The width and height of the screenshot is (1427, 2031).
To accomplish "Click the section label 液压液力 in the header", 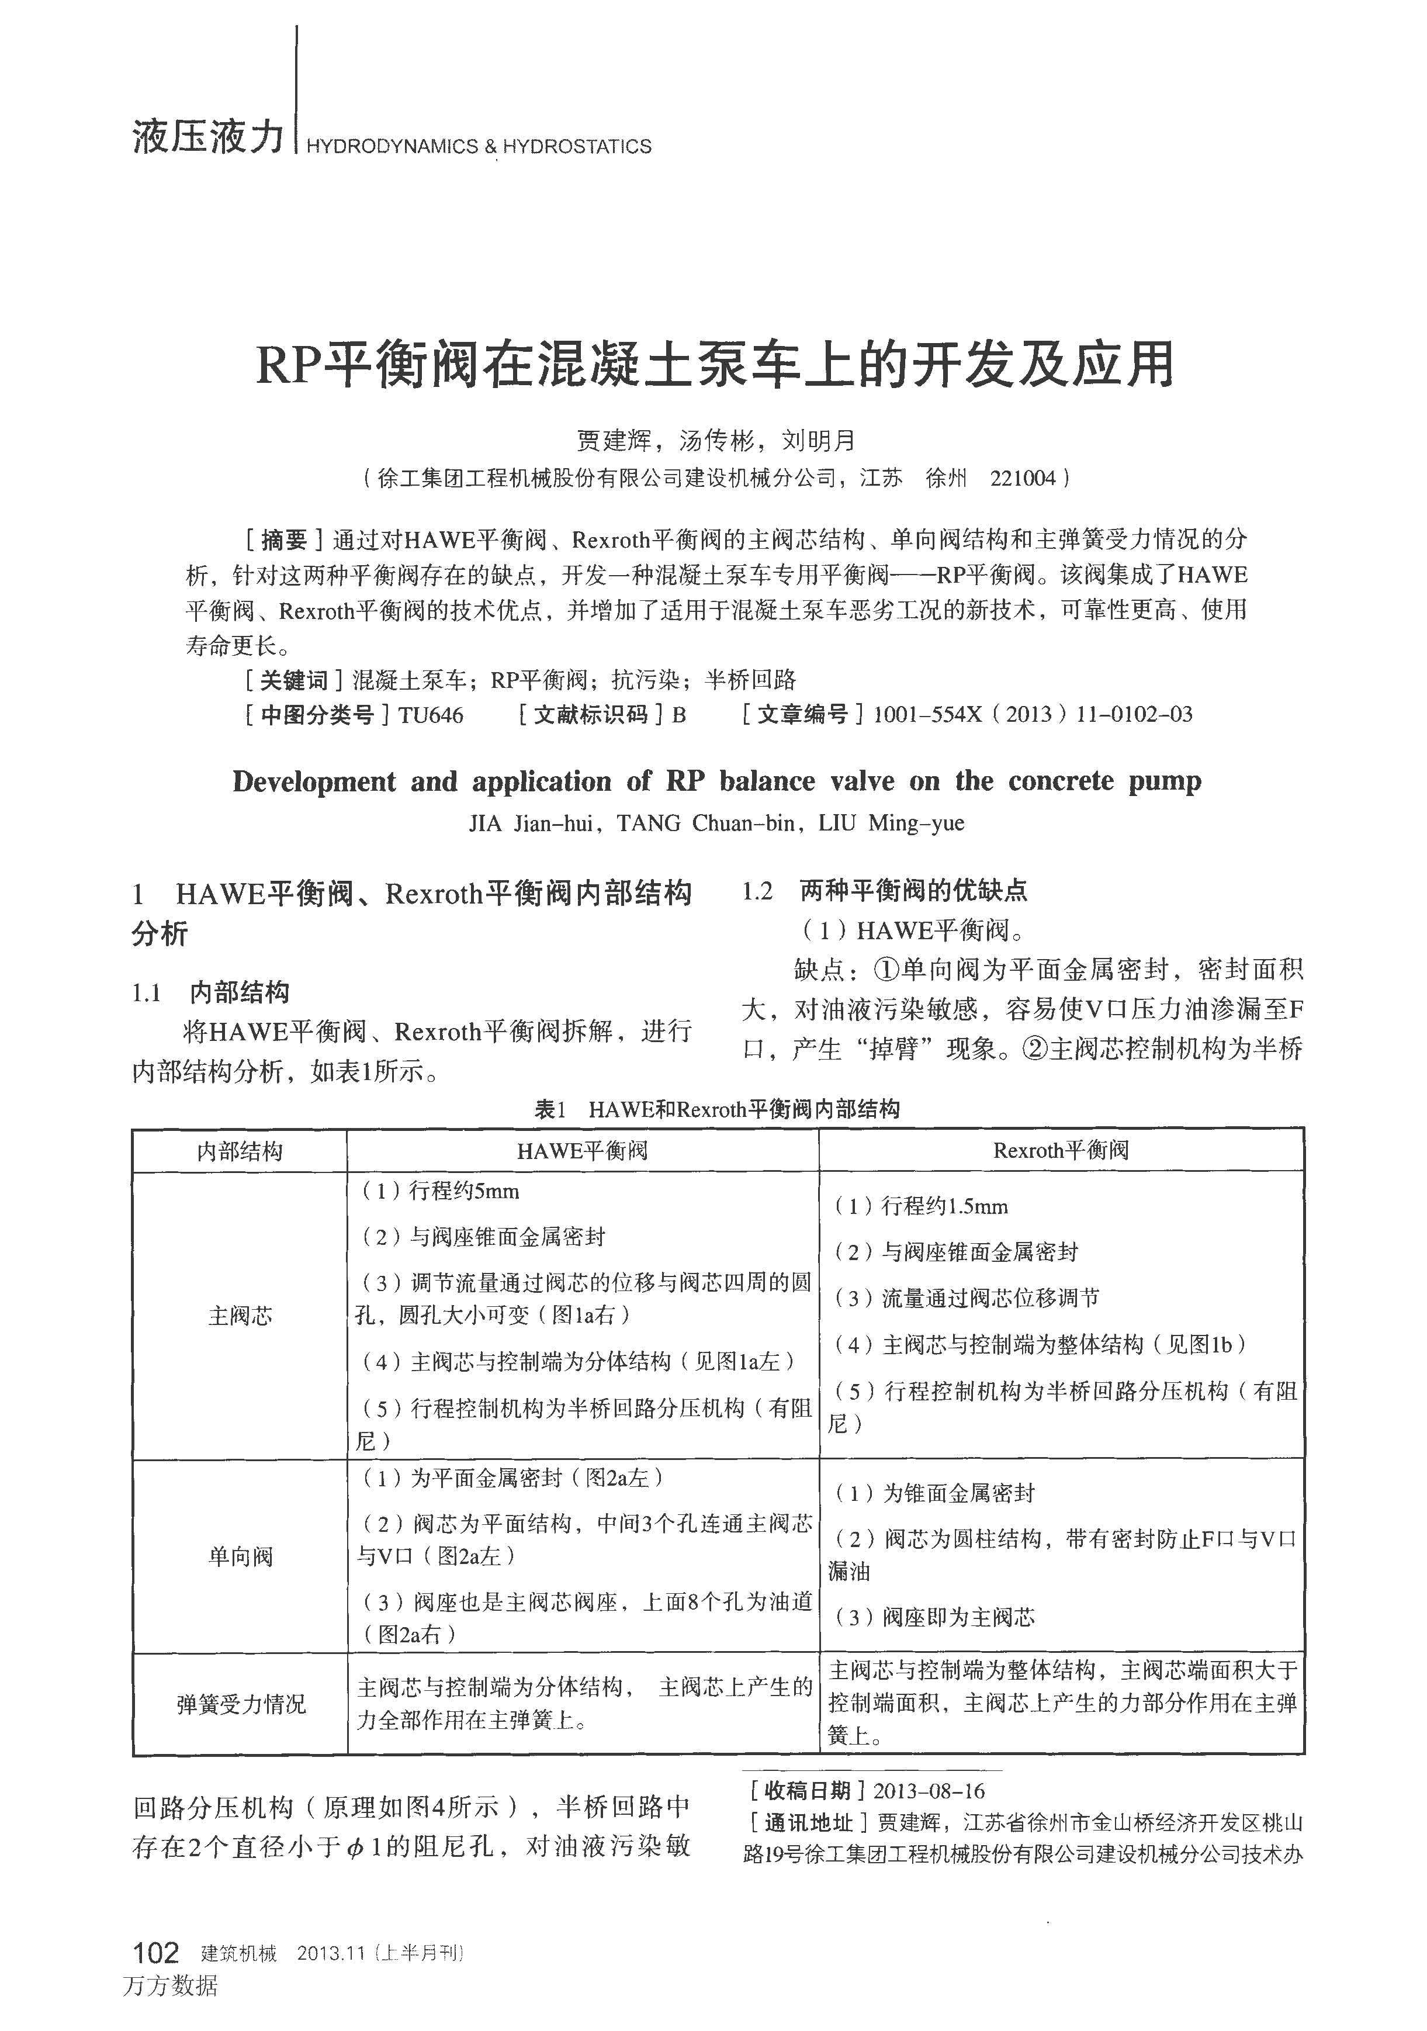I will (x=209, y=137).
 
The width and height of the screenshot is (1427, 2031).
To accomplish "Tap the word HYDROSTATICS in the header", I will (x=577, y=147).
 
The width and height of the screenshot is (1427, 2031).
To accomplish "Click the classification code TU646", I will (x=430, y=715).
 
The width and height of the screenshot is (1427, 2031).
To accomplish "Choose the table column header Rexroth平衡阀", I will (x=1061, y=1151).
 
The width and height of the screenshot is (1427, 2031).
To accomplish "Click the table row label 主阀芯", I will (x=240, y=1316).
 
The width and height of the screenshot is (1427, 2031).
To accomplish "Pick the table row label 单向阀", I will (x=240, y=1557).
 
